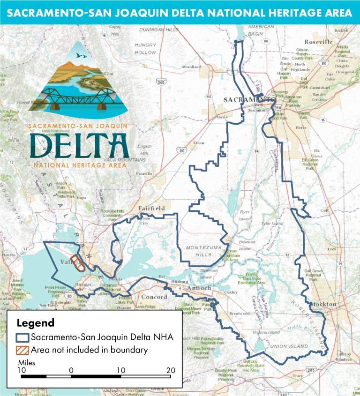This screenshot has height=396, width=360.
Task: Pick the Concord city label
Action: [x=154, y=297]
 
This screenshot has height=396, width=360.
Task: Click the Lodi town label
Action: [x=332, y=249]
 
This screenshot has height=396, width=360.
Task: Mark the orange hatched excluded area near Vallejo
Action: [x=77, y=263]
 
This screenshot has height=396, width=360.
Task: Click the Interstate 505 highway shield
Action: [x=161, y=82]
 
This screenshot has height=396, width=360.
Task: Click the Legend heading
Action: [x=36, y=323]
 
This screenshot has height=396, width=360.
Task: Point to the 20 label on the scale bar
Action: [x=171, y=370]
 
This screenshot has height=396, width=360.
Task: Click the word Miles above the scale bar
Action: [x=26, y=363]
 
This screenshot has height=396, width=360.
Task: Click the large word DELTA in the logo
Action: [x=78, y=146]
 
